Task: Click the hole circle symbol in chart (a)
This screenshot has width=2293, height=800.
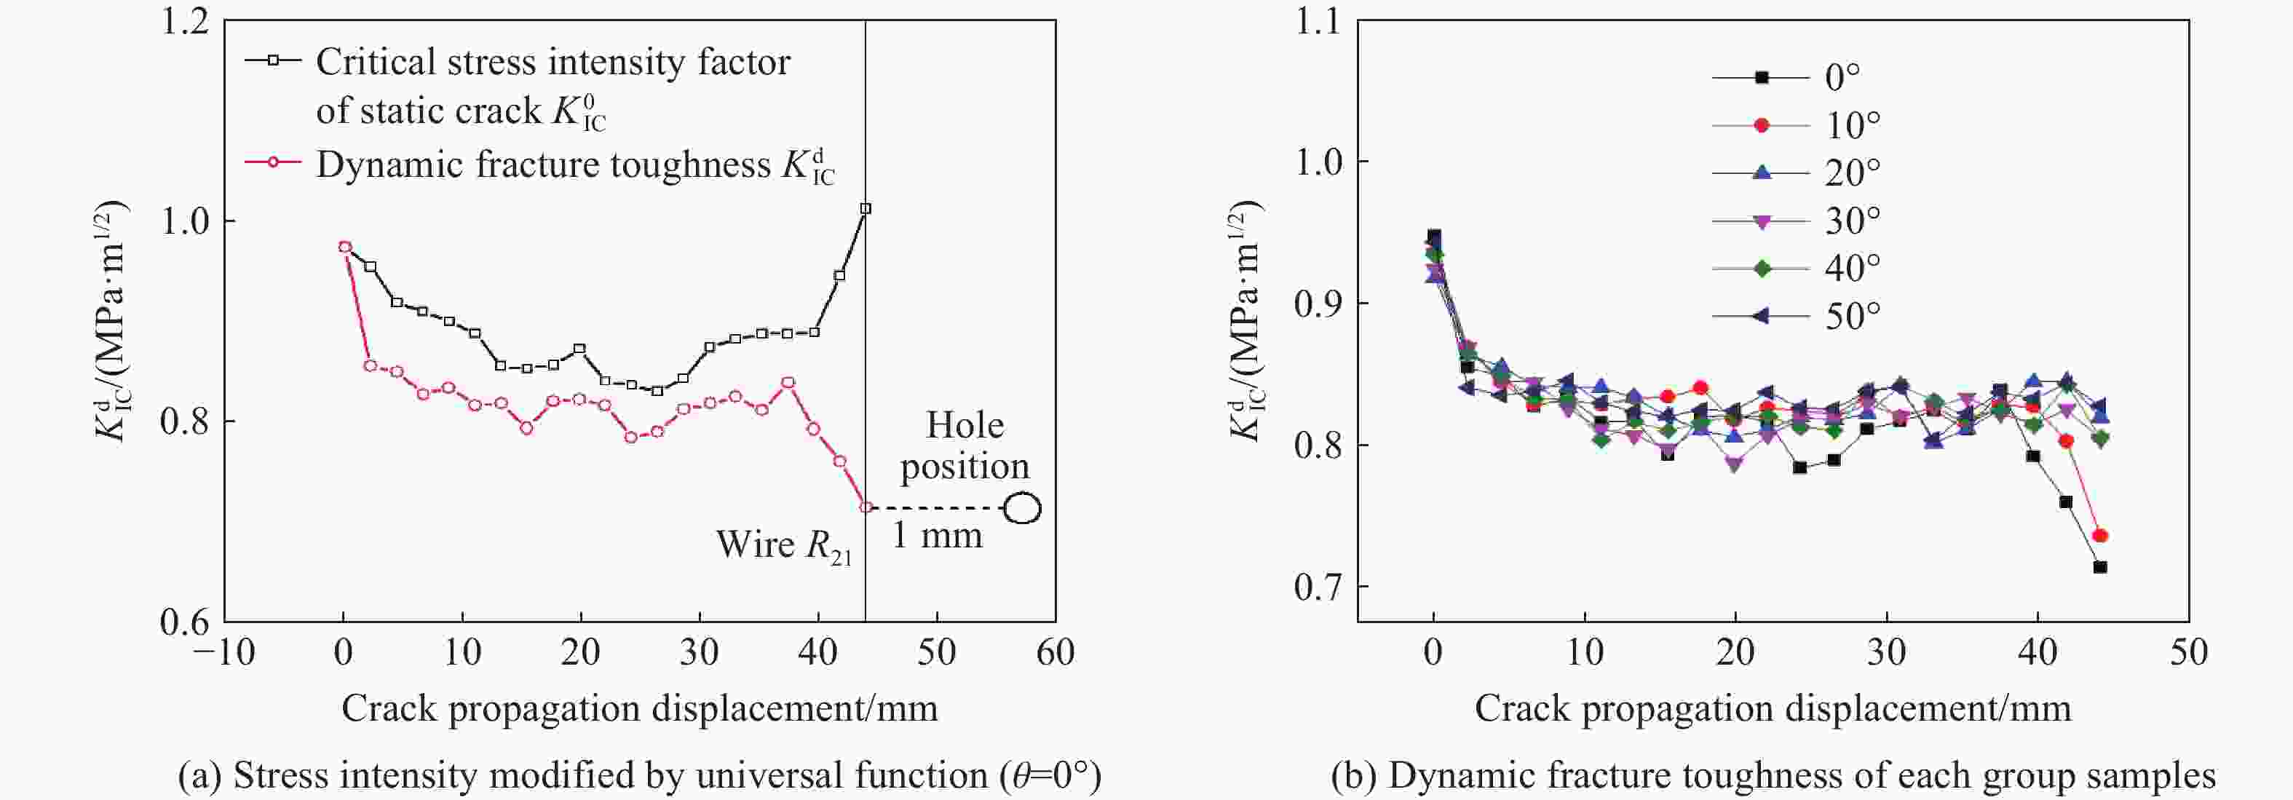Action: point(1023,508)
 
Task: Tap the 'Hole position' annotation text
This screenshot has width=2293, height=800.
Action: point(965,445)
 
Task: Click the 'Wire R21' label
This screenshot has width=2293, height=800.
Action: point(783,544)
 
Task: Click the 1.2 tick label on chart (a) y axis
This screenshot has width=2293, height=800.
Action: point(185,21)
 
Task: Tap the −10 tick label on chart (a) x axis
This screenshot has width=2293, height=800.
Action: point(223,653)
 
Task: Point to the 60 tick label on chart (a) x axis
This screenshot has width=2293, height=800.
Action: point(1055,653)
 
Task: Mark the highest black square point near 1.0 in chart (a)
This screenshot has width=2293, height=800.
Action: point(866,208)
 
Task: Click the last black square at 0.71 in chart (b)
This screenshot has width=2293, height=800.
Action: point(2100,567)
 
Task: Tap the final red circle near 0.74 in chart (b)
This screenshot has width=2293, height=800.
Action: point(2100,536)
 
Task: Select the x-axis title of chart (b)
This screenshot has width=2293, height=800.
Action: point(1773,708)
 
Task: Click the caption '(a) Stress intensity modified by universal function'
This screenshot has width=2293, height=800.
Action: point(639,776)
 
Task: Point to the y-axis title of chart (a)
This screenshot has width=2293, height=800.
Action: point(112,321)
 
